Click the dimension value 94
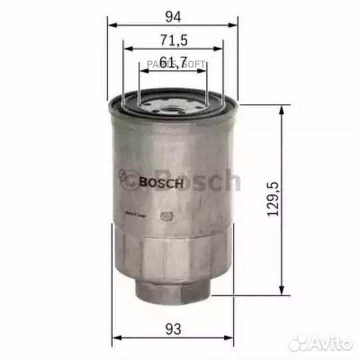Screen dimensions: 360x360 click(172, 13)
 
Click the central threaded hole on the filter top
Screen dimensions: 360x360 click(172, 107)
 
